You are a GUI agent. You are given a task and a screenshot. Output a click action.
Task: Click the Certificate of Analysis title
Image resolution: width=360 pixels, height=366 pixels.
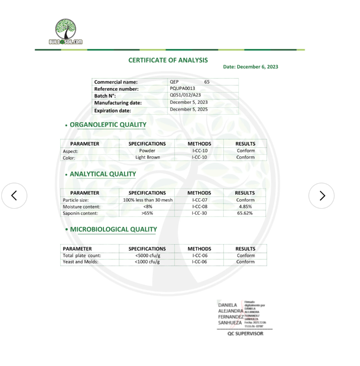[x=168, y=60]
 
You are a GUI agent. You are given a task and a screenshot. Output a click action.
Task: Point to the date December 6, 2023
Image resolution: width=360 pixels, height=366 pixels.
[x=251, y=67]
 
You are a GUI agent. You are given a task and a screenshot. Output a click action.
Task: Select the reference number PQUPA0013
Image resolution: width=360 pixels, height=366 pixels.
[x=183, y=89]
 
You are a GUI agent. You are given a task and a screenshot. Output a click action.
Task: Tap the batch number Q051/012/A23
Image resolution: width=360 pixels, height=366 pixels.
[x=185, y=95]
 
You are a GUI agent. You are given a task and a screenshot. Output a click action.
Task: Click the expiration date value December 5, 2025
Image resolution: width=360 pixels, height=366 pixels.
[x=189, y=109]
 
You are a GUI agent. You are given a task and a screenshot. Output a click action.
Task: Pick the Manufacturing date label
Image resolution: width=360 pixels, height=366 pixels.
[x=118, y=103]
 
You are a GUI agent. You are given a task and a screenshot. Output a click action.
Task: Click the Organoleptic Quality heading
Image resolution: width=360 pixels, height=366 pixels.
[x=108, y=125]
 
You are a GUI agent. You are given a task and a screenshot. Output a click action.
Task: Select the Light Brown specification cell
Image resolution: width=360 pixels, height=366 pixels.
[x=148, y=157]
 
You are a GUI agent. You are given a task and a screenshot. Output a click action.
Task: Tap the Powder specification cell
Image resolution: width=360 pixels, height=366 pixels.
[x=147, y=151]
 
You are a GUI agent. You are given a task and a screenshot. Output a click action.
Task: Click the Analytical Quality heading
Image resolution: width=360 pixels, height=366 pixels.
[x=103, y=174]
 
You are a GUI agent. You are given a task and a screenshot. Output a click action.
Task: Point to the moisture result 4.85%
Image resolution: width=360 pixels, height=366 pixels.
[x=245, y=206]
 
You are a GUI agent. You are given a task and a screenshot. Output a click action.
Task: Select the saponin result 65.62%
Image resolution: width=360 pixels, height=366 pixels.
[x=245, y=213]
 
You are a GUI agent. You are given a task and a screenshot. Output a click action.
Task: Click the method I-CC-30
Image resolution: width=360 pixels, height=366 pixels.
[x=199, y=213]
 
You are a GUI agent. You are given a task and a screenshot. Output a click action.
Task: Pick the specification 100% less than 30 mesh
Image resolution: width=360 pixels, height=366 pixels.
[x=148, y=200]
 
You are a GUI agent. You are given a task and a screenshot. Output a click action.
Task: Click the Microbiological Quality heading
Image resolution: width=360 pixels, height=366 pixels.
[x=113, y=229]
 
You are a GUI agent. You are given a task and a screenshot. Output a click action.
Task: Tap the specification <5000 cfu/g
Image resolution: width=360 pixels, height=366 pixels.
[x=148, y=255]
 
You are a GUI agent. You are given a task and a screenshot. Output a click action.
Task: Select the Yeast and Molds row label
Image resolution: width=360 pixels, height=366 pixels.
[x=81, y=262]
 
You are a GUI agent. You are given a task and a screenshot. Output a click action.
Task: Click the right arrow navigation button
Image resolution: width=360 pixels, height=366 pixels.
[x=322, y=196]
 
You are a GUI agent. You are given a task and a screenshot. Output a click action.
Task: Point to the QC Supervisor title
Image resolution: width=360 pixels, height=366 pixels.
[x=245, y=334]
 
